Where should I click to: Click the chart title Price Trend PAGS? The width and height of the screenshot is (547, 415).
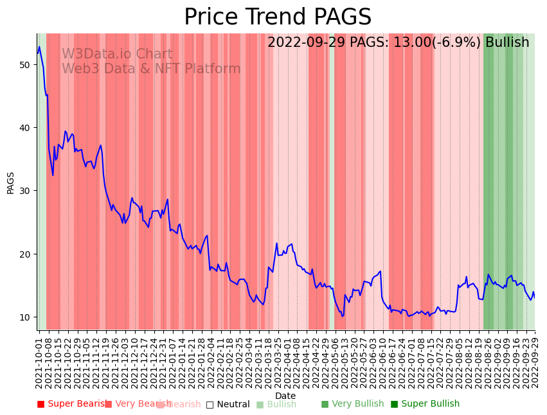pyautogui.click(x=278, y=17)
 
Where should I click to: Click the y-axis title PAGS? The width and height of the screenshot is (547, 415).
pyautogui.click(x=11, y=182)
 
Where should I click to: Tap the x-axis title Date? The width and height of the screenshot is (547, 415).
pyautogui.click(x=285, y=396)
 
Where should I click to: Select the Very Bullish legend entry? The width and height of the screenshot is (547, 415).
pyautogui.click(x=352, y=404)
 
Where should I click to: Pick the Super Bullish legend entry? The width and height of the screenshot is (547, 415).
pyautogui.click(x=425, y=404)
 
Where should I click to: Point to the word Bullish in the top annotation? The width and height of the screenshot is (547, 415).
pyautogui.click(x=507, y=42)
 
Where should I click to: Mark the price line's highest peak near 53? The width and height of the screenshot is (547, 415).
pyautogui.click(x=39, y=46)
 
